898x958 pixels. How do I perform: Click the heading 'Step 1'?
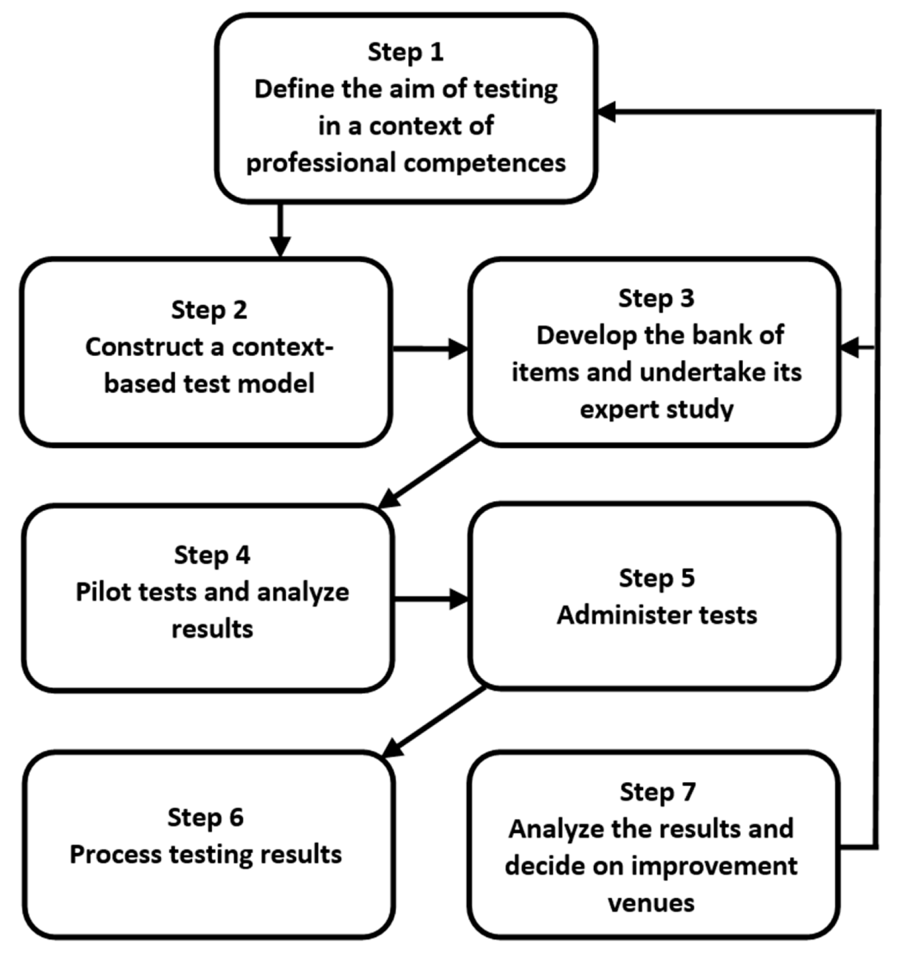405,52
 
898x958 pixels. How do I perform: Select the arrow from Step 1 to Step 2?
280,229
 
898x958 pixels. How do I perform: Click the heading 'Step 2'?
209,309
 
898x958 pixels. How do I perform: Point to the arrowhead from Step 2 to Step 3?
459,349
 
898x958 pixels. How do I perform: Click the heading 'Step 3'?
656,298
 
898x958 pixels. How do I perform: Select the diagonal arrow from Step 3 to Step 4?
430,473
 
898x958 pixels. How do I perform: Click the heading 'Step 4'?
212,555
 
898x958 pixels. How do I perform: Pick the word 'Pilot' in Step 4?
106,592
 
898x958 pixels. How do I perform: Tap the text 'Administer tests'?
657,615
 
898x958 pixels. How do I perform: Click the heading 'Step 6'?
205,817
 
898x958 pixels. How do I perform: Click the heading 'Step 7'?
657,792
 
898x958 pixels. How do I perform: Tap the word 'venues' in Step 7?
651,903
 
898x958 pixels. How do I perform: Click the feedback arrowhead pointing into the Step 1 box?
607,111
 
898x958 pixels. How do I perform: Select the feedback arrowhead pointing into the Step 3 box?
850,348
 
